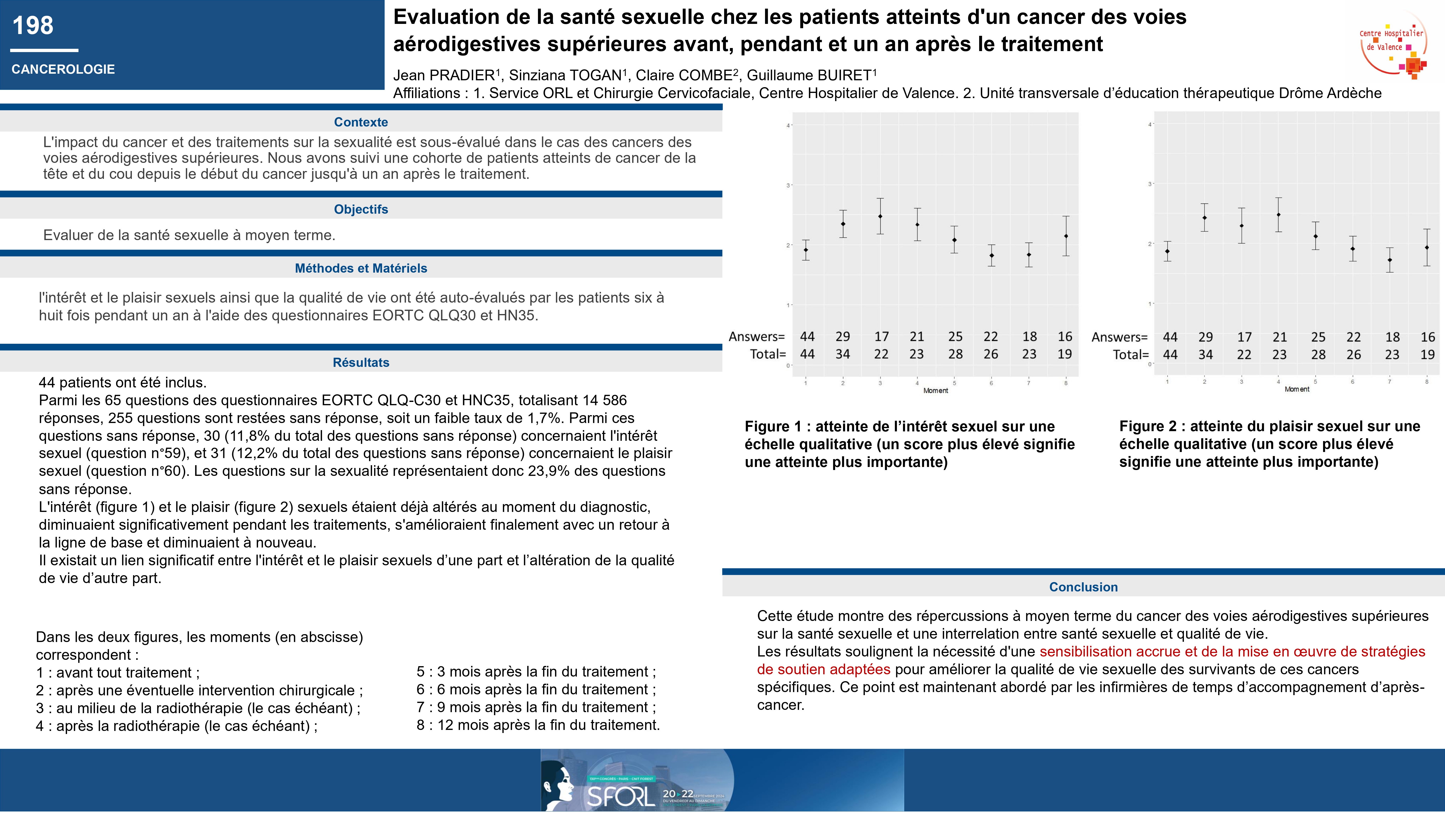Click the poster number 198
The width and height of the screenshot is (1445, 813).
(33, 26)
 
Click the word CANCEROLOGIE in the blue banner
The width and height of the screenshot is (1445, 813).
(63, 70)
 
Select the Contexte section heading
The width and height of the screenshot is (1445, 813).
(361, 122)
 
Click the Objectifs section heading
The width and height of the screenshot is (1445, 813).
(361, 209)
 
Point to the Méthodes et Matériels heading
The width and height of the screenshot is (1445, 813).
(361, 268)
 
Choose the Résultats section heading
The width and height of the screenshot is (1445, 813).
(361, 363)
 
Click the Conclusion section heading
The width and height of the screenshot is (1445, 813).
(1083, 587)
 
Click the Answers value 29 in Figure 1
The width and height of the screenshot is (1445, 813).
(843, 337)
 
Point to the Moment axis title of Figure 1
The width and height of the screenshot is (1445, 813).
(936, 390)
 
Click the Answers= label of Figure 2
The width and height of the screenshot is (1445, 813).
(1119, 337)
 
